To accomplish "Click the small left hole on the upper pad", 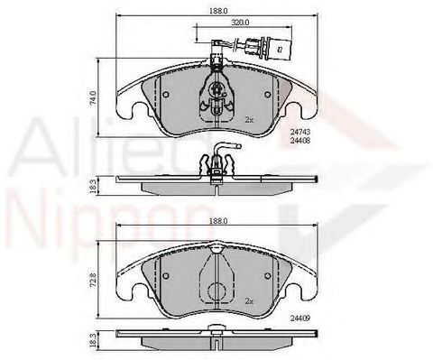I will click(x=165, y=94).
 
